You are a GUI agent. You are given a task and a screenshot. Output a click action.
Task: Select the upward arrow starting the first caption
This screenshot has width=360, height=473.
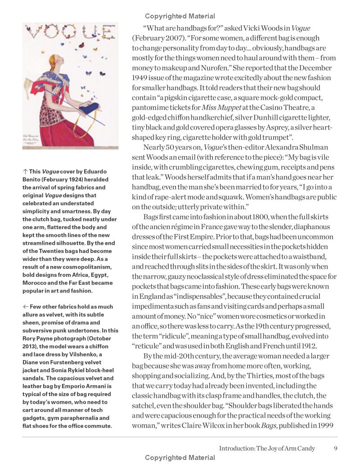click(25, 171)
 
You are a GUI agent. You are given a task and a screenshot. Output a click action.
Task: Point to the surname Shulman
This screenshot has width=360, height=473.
click(314, 147)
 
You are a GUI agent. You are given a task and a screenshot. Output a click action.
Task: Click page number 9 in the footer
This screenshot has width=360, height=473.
click(336, 448)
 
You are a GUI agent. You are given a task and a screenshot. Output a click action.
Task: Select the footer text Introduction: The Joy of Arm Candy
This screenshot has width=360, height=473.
click(267, 448)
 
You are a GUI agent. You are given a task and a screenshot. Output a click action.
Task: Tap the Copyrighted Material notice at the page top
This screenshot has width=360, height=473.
click(180, 16)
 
